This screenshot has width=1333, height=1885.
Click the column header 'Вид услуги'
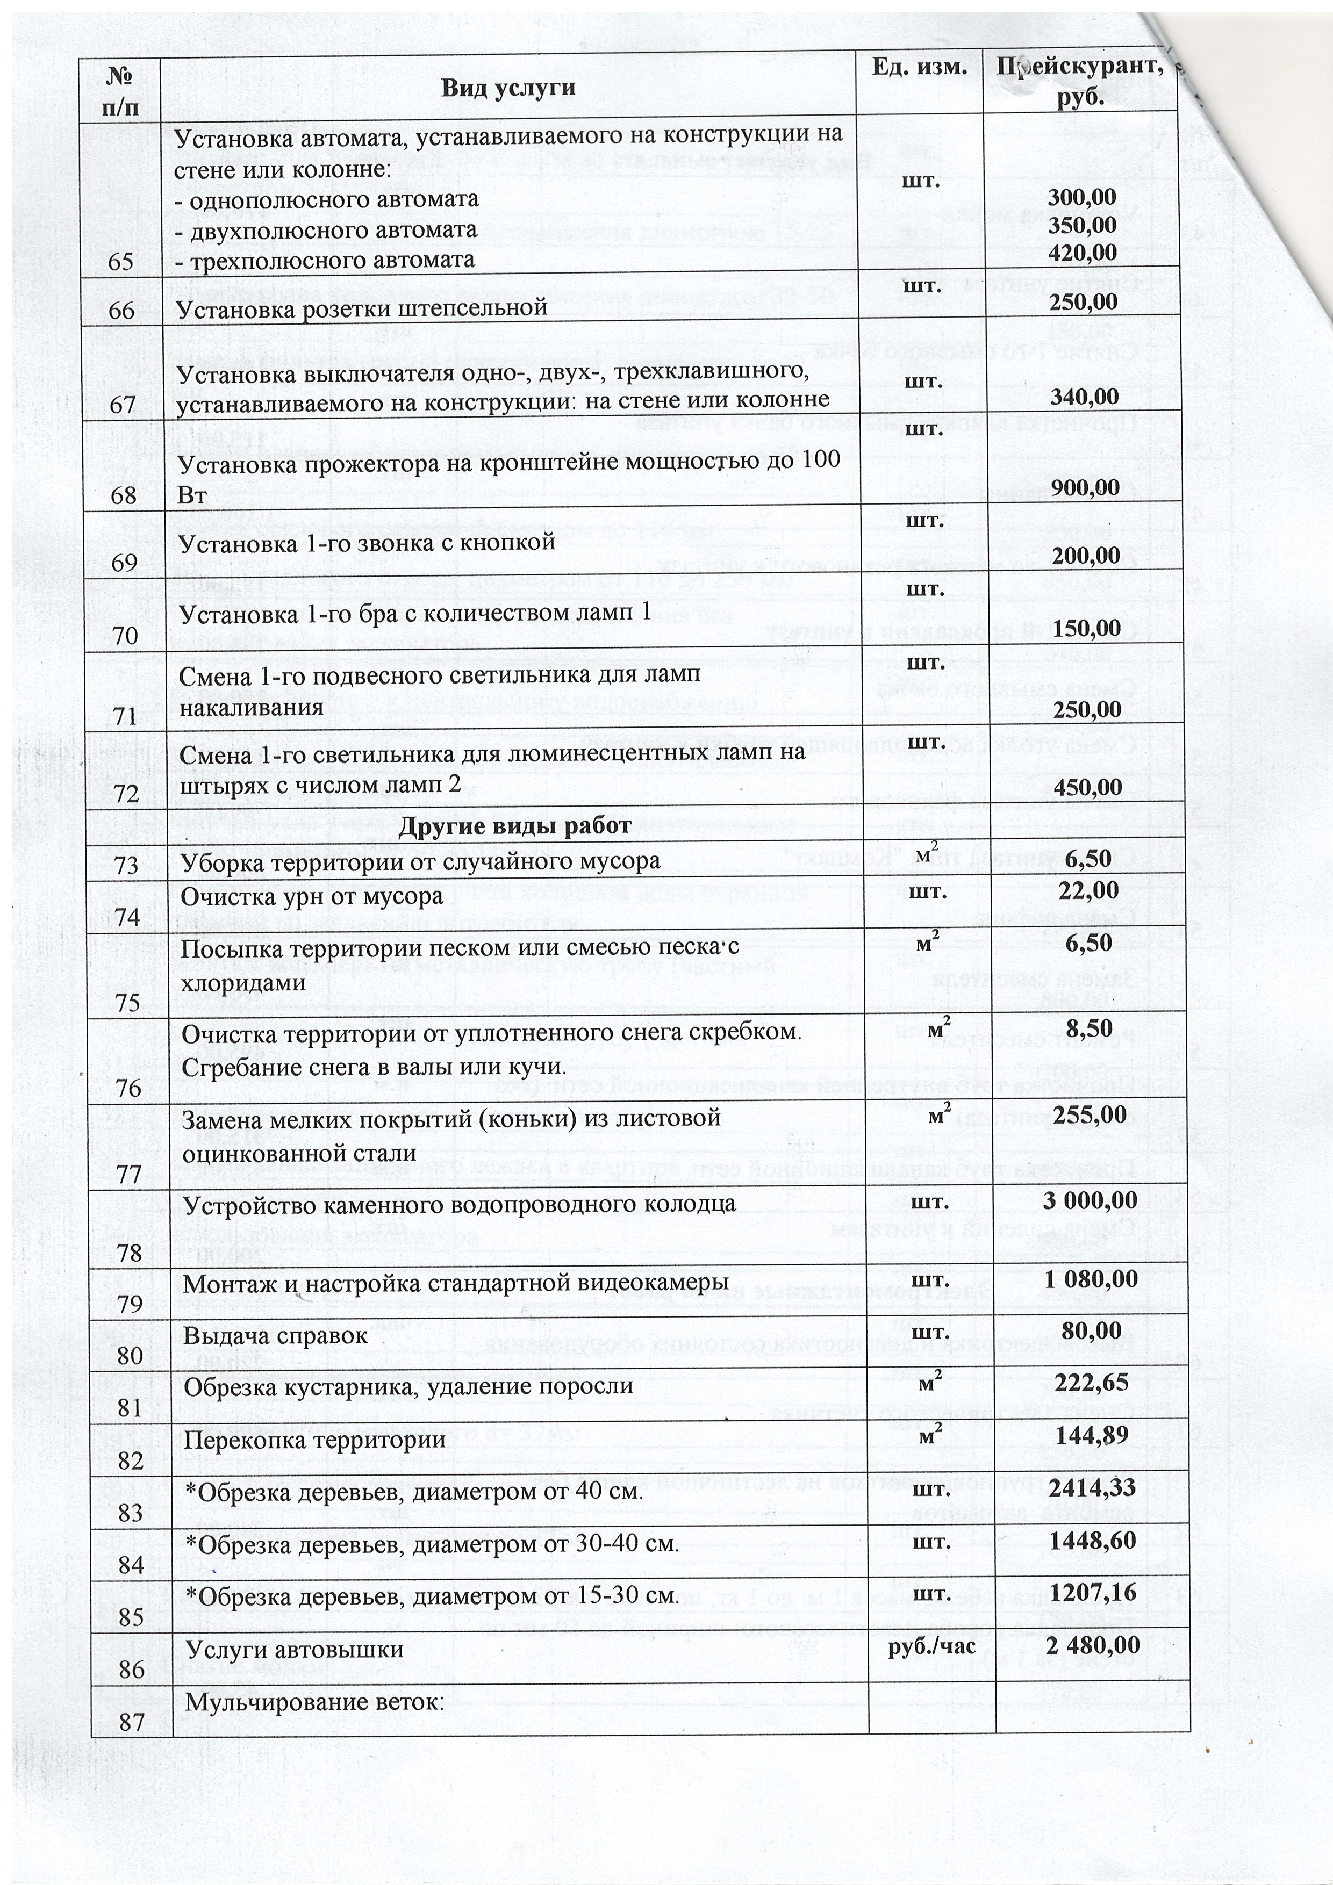coord(507,88)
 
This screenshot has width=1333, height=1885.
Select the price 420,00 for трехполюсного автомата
coord(1083,252)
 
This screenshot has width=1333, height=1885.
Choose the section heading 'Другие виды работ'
coord(514,825)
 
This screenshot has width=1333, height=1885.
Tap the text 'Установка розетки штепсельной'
coord(362,308)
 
